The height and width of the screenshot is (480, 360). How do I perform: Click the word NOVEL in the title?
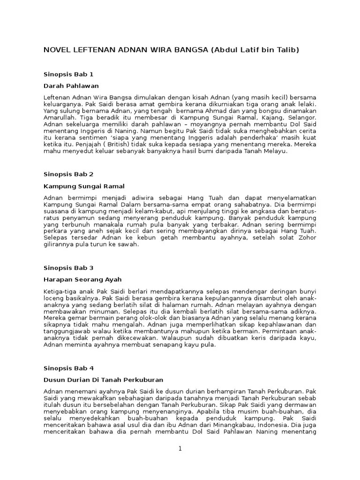click(57, 50)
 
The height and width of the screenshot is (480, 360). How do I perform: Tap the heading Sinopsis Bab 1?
click(68, 74)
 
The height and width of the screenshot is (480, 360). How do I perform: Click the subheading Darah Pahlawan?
click(71, 86)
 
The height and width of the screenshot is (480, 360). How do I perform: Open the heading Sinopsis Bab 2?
click(68, 174)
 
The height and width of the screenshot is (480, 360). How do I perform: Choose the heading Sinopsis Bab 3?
click(68, 268)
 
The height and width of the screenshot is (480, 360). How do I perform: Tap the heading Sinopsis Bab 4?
click(68, 368)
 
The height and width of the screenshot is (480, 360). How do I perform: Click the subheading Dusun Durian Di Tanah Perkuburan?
click(103, 380)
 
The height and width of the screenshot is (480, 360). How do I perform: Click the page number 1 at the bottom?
click(180, 449)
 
